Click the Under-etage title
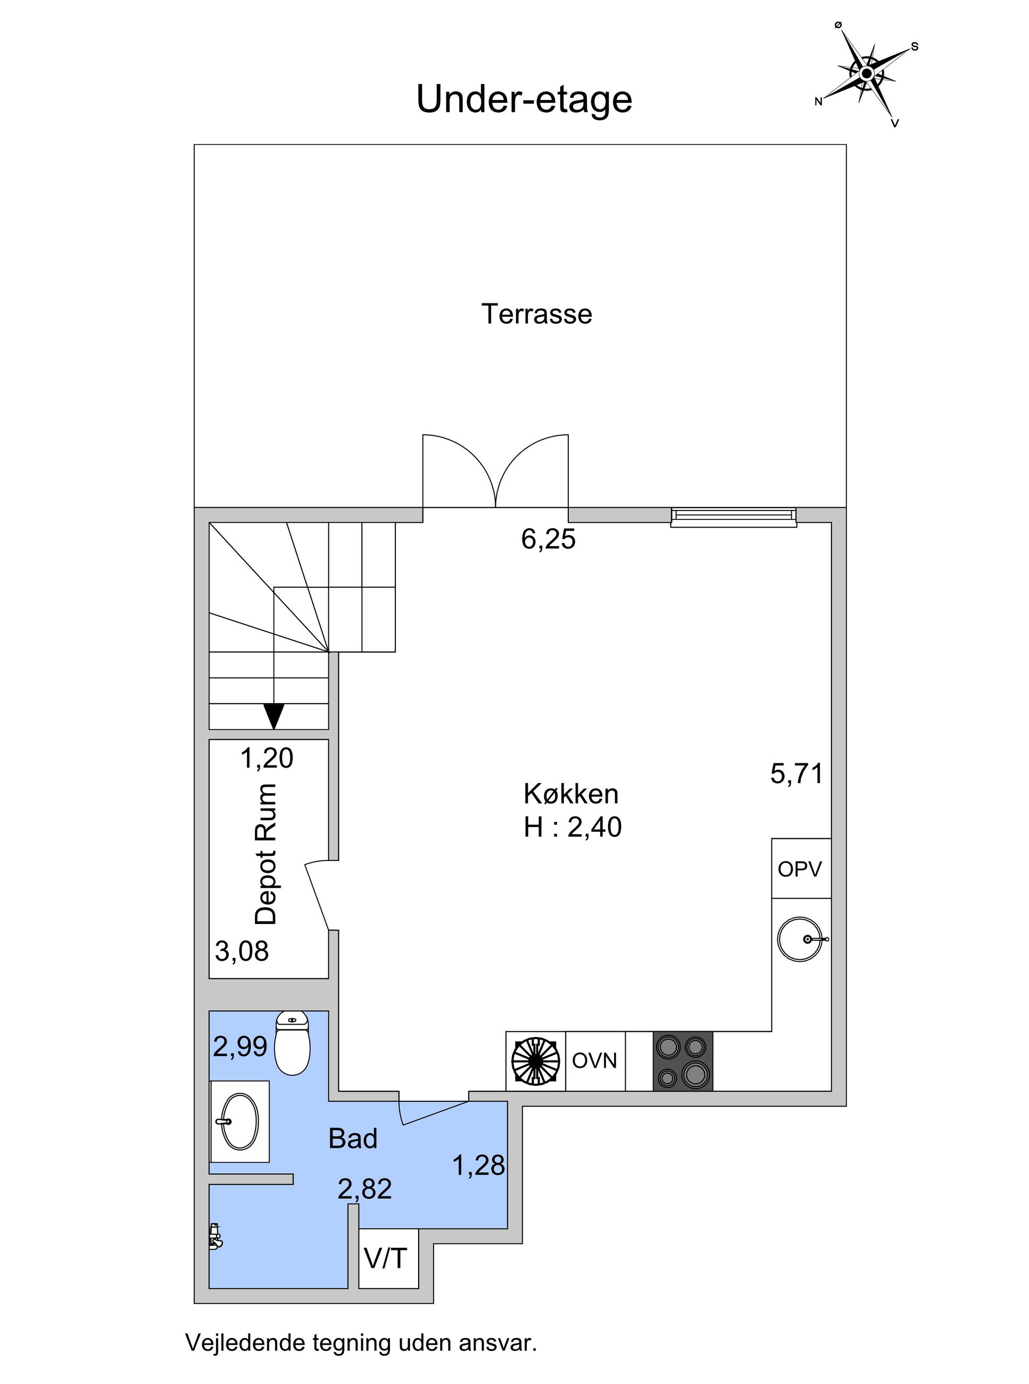(524, 100)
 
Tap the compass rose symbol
(866, 74)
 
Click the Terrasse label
(536, 314)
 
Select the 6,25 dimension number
(548, 540)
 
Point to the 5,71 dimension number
(796, 774)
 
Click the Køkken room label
(571, 795)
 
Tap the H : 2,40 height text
(572, 828)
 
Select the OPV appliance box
(800, 869)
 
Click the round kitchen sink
(802, 939)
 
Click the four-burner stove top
(683, 1061)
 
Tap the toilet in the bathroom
(292, 1044)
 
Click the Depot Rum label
(267, 855)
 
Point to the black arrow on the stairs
(274, 715)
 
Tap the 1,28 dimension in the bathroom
(478, 1165)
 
